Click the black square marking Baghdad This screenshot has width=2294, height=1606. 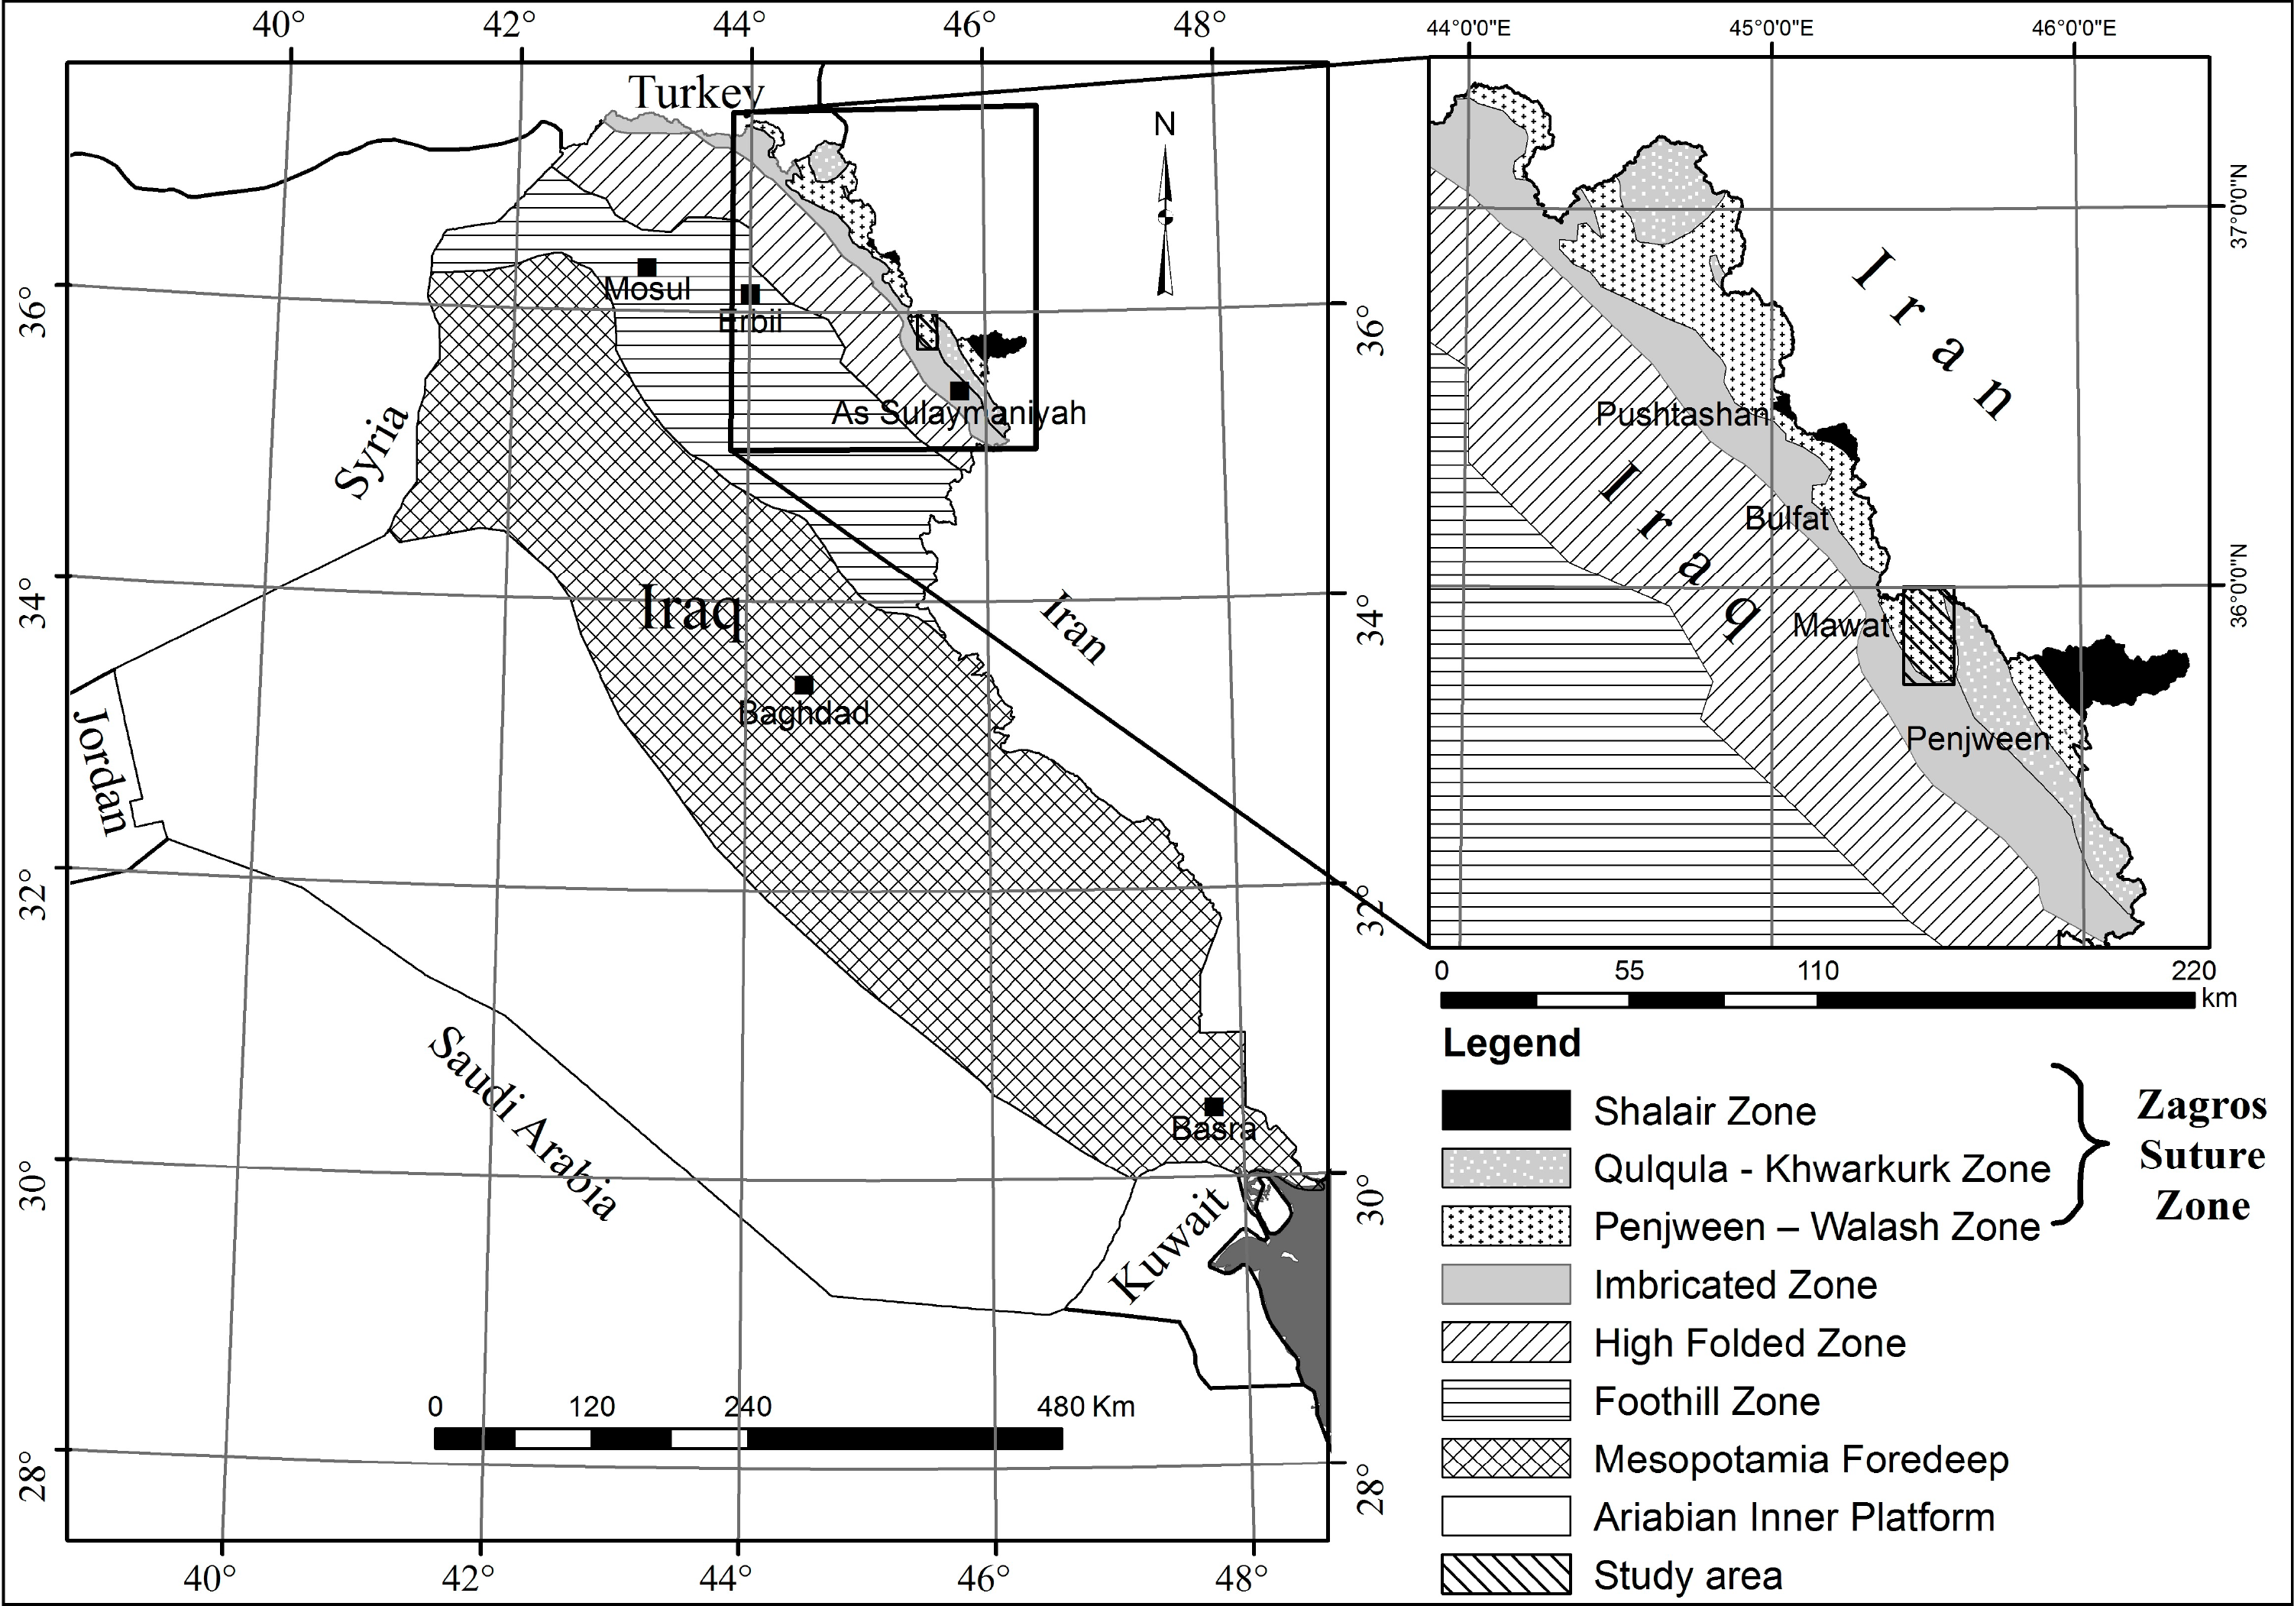tap(804, 685)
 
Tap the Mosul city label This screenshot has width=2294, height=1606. tap(648, 289)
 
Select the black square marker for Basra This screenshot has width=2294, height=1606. tap(1214, 1106)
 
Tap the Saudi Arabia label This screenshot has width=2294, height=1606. tap(523, 1123)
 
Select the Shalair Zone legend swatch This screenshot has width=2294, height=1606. tap(1506, 1110)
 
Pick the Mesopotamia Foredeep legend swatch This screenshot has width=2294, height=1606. tap(1506, 1458)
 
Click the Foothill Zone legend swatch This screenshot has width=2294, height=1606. tap(1506, 1400)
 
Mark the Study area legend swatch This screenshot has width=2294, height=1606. tap(1506, 1574)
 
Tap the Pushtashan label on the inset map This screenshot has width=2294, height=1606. tap(1681, 414)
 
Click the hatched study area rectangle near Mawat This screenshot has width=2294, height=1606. tap(1928, 636)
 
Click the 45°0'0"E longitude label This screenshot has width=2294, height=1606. tap(1771, 27)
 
